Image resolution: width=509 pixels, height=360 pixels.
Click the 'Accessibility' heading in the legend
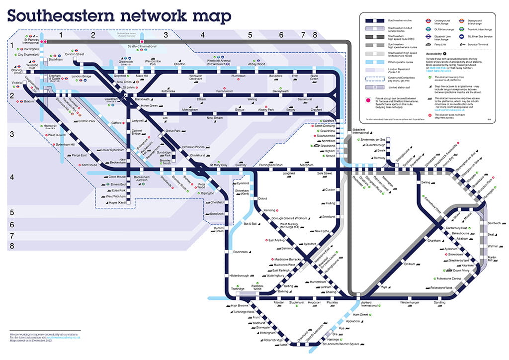point(434,53)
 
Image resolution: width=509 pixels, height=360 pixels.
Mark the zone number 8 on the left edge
point(11,246)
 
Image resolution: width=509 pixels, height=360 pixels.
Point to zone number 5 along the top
point(251,35)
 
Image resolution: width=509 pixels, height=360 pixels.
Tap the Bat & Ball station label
point(250,224)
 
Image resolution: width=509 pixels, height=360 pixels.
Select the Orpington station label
point(207,193)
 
